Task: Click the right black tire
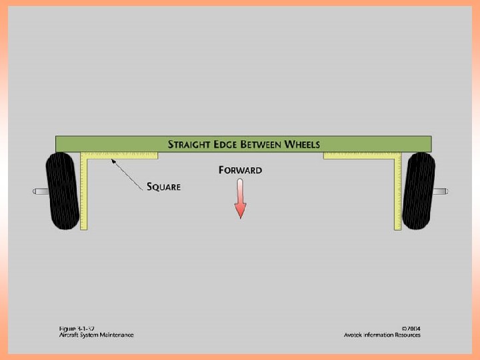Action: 419,191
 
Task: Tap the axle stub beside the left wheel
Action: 39,191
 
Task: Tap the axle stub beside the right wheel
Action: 441,191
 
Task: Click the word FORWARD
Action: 240,170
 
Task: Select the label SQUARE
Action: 163,187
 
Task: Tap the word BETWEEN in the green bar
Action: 256,144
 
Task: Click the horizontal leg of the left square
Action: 123,156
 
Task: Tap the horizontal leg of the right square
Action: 360,156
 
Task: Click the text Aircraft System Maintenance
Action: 95,335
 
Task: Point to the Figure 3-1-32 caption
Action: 76,328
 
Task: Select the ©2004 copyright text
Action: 411,328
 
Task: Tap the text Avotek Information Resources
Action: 382,335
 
